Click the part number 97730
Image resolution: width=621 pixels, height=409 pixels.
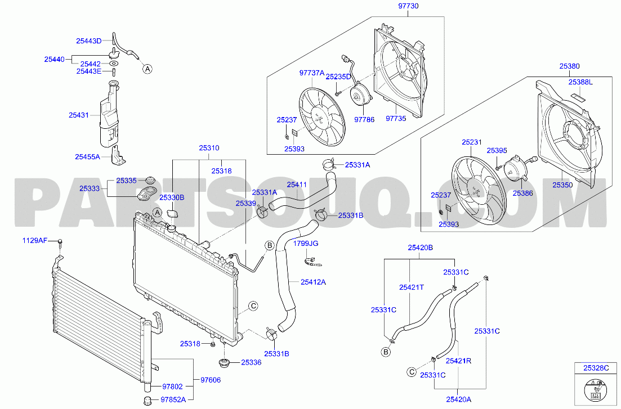[408, 6]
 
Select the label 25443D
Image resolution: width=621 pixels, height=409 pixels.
[89, 41]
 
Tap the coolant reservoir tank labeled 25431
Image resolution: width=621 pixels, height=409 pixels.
[109, 115]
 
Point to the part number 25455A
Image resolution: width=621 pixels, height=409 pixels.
[87, 157]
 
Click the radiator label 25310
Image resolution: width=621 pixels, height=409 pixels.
[209, 148]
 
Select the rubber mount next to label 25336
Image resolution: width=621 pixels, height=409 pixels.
[225, 363]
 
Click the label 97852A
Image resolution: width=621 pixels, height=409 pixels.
[173, 399]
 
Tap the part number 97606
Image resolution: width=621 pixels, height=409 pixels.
[211, 380]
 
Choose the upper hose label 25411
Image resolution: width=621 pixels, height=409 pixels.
[297, 185]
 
